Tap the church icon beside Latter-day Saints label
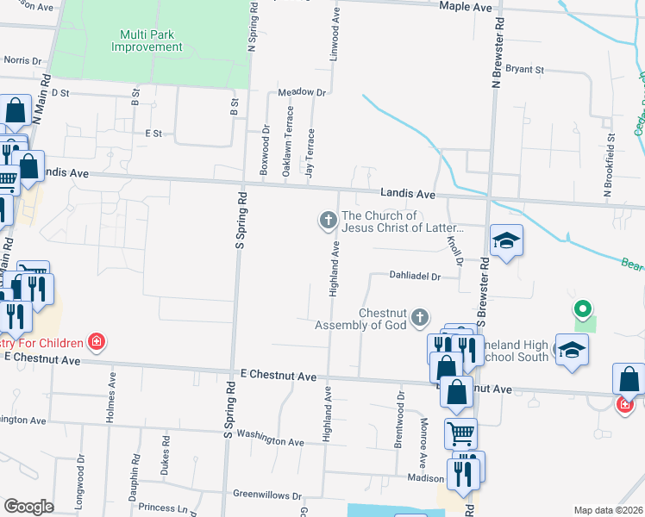click(x=328, y=221)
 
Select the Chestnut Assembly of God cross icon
click(x=420, y=319)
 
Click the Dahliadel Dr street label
click(x=415, y=277)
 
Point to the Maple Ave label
click(x=465, y=7)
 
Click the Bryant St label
click(x=525, y=69)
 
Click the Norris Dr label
click(x=23, y=61)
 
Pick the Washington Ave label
click(x=270, y=439)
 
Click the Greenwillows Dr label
click(x=267, y=496)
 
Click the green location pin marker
click(x=583, y=308)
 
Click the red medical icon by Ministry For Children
click(x=97, y=342)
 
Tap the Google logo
click(x=28, y=507)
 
